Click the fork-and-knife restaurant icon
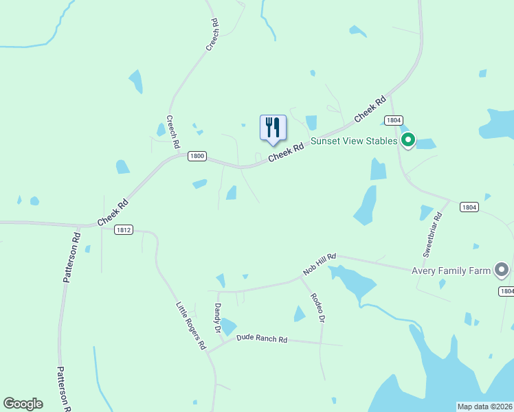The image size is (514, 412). click(273, 128)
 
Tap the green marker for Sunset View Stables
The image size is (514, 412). click(407, 141)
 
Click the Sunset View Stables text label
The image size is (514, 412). click(354, 141)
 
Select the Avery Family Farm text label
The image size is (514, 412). click(451, 271)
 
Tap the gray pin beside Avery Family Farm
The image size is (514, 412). click(502, 270)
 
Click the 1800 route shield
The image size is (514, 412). click(197, 156)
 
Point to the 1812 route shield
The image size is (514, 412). click(124, 229)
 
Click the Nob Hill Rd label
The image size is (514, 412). click(320, 264)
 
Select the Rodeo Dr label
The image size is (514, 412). click(317, 308)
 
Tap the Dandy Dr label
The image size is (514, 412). click(218, 319)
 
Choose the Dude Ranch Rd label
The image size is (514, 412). click(261, 339)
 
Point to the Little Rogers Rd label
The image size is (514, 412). click(191, 326)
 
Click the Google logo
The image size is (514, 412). click(23, 404)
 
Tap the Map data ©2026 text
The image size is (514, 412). click(485, 407)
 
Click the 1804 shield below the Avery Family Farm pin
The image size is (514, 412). click(506, 291)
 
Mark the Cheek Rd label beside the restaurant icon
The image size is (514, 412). click(286, 152)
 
